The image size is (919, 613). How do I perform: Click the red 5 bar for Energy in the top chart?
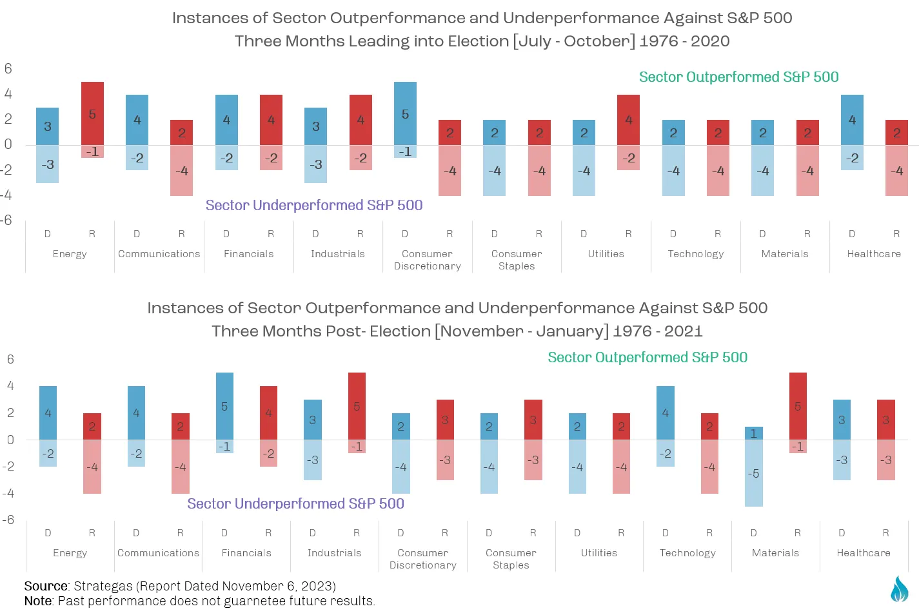point(92,113)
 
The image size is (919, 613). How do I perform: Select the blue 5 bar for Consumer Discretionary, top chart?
point(406,113)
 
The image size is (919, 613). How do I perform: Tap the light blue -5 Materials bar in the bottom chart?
point(754,472)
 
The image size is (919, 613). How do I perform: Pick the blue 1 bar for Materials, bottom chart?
point(754,433)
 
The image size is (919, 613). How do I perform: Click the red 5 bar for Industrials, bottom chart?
point(357,406)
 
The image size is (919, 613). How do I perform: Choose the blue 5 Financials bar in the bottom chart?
point(224,406)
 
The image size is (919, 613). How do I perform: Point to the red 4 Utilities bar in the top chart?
point(629,120)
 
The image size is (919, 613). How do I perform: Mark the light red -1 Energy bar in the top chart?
point(92,151)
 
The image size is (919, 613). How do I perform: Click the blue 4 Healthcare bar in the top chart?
point(852,120)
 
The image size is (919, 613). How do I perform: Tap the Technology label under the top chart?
point(696,254)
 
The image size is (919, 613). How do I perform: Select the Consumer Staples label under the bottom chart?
point(511,558)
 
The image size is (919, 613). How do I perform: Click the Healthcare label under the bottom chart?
point(864,552)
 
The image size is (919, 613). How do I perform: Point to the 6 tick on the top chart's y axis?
point(8,68)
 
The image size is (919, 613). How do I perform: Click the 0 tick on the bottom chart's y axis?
point(10,440)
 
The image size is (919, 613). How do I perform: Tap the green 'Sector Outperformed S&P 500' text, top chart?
point(739,77)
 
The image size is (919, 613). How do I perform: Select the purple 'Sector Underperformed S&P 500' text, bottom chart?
point(296,503)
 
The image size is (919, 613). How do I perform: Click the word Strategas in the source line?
point(103,587)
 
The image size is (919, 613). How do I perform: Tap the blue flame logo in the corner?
point(899,589)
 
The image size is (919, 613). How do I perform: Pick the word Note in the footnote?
point(38,601)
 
